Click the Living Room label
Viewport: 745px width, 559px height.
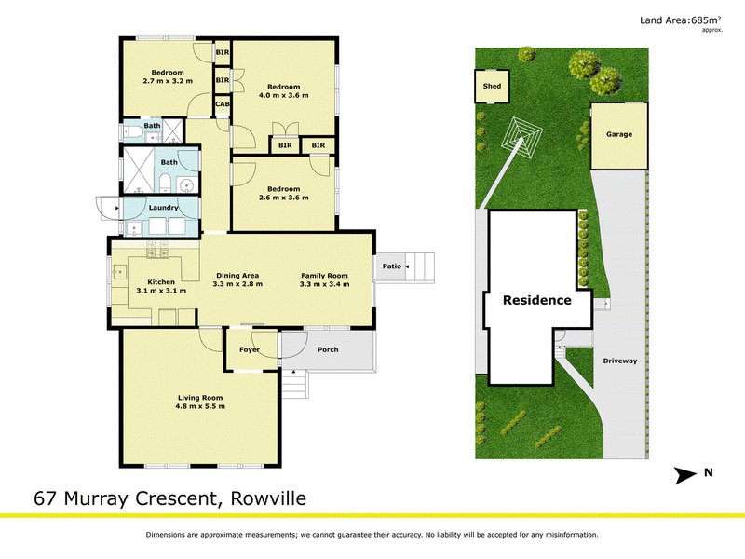[x=200, y=398]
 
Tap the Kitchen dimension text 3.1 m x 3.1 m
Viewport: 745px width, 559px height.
[x=161, y=291]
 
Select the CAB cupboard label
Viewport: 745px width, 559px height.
[x=223, y=103]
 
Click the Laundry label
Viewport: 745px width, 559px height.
[x=164, y=208]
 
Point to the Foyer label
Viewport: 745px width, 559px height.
[x=250, y=350]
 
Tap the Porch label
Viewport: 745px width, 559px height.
[x=328, y=350]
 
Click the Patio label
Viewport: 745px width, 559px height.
[x=392, y=266]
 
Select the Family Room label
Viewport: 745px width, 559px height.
[x=324, y=276]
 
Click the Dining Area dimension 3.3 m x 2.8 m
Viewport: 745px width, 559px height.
[x=237, y=284]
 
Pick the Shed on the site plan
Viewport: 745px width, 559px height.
[x=492, y=86]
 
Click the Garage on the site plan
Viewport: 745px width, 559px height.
[x=619, y=136]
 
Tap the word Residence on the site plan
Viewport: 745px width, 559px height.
[x=537, y=300]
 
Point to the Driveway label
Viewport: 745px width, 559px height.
[x=620, y=361]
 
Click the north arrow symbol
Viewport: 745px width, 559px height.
[x=685, y=475]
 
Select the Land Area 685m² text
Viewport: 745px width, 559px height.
[x=681, y=20]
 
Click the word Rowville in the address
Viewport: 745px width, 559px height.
[x=268, y=498]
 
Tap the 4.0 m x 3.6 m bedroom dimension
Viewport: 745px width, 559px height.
[x=284, y=95]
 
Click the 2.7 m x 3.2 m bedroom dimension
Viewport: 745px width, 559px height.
[x=168, y=81]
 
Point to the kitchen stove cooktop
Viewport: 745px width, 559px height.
[x=157, y=250]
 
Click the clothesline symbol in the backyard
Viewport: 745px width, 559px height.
[x=521, y=138]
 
